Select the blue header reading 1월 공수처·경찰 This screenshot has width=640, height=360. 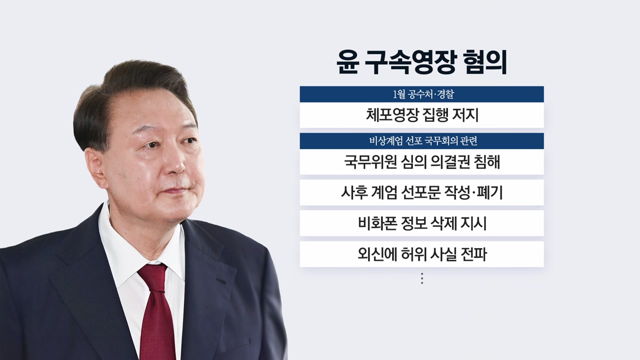coord(421,94)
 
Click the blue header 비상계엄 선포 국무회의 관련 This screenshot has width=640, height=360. coord(421,141)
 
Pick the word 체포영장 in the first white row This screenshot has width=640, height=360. coord(388,115)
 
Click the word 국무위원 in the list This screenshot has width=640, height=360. coord(366,162)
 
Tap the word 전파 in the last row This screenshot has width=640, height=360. coord(474,254)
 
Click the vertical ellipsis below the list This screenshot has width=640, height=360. coord(422,278)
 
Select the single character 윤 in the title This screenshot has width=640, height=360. coord(347,63)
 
